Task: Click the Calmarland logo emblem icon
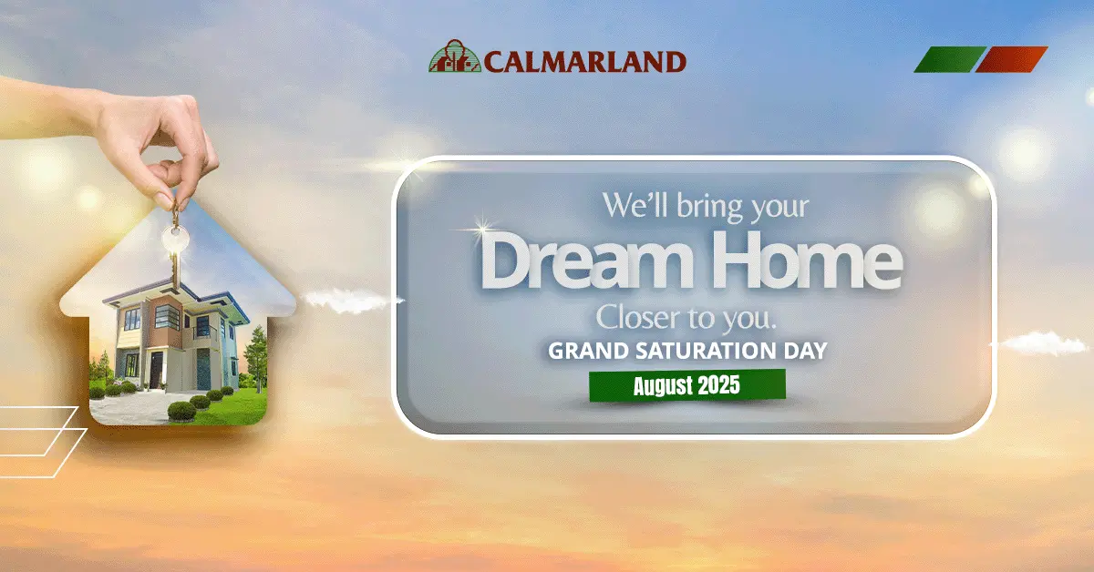click(x=454, y=56)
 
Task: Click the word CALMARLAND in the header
click(x=585, y=62)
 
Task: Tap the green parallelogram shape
click(x=949, y=59)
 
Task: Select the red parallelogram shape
click(x=1011, y=59)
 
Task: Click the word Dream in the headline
click(x=586, y=260)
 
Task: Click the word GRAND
click(x=588, y=351)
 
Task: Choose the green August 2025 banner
click(x=687, y=385)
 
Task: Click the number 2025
click(x=719, y=385)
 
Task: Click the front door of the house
click(x=156, y=370)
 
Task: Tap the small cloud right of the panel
click(x=1043, y=342)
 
